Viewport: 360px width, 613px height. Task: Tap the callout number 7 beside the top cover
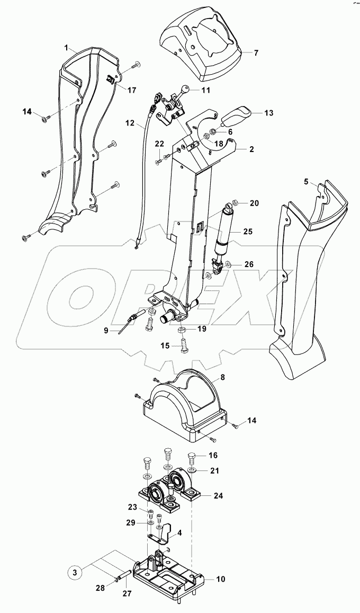256,54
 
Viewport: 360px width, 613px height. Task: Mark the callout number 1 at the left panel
67,47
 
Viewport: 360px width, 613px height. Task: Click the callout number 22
159,144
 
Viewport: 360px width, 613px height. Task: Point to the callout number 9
106,330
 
